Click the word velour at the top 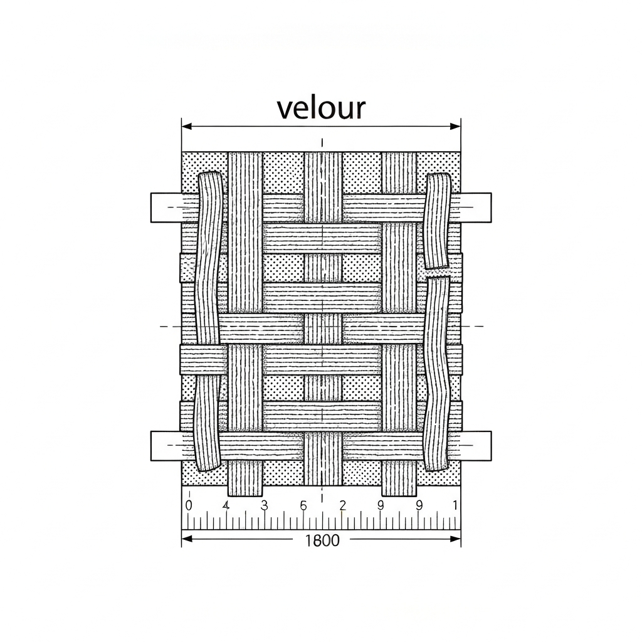(320, 108)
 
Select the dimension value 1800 (322, 540)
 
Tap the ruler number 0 (189, 505)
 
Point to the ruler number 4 (226, 505)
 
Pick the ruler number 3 (264, 505)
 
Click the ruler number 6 (303, 505)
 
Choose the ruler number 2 (342, 505)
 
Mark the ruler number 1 (455, 505)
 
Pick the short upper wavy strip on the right (438, 219)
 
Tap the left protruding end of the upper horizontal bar (165, 208)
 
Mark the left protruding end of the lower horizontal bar (165, 446)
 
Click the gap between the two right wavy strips (438, 273)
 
